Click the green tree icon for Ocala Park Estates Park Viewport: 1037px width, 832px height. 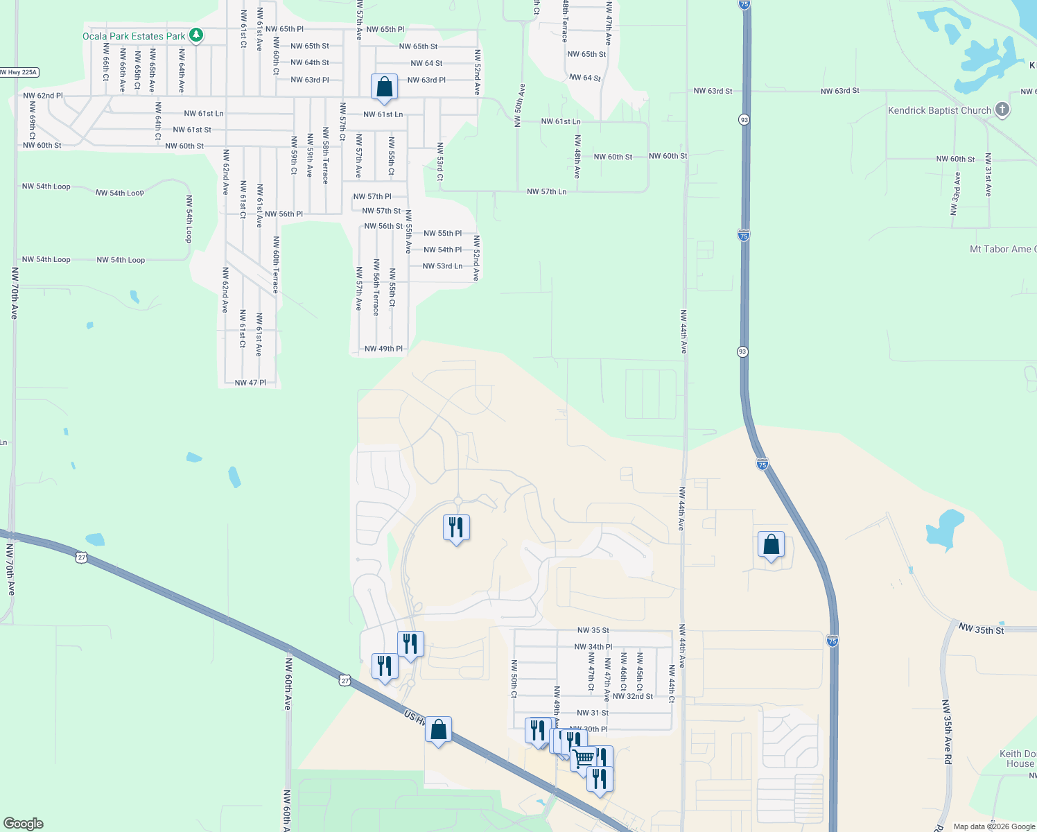pos(196,35)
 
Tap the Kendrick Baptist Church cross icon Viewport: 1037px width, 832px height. pos(1002,110)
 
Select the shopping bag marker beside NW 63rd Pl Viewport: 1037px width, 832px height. pos(384,88)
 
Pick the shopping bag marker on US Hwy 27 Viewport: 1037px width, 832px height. pos(438,730)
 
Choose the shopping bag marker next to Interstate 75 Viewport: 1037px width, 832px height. pos(771,546)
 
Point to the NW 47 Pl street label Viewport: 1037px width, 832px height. pos(250,383)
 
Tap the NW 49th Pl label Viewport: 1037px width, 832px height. pos(383,349)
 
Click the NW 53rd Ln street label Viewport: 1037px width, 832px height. pos(442,266)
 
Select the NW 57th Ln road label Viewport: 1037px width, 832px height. pos(546,191)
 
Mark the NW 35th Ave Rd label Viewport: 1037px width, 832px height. pos(947,731)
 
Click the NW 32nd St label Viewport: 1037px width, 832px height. pos(632,696)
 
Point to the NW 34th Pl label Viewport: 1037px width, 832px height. pos(593,647)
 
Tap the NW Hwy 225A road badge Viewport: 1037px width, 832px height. pos(19,72)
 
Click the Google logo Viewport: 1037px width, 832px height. pos(24,824)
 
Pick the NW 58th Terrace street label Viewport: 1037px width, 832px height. pos(325,155)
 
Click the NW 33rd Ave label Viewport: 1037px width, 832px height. pos(956,193)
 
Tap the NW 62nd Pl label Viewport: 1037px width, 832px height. pos(43,96)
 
